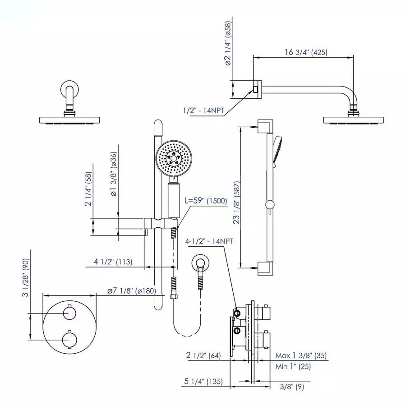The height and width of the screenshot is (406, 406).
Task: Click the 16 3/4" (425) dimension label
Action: point(303,52)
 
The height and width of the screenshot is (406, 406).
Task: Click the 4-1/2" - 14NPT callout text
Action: point(209,241)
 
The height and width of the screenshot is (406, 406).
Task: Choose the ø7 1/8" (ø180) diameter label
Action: point(131,291)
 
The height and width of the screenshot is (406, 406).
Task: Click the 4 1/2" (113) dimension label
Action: point(113,262)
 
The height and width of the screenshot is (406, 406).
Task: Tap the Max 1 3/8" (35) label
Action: point(302,356)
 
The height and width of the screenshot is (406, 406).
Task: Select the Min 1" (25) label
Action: point(293,366)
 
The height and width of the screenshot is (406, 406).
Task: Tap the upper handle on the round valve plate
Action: point(69,313)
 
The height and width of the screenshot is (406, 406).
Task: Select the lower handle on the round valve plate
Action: point(69,337)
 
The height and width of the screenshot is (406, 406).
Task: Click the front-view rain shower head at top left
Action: point(69,120)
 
